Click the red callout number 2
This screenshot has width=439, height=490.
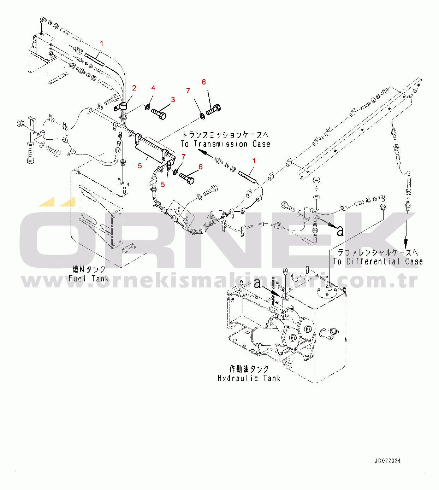tap(134, 88)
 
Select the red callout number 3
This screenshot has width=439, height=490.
tap(173, 100)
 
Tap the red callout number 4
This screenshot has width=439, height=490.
tap(153, 88)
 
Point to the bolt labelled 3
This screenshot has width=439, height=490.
tap(159, 114)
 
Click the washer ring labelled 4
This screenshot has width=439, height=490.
tap(147, 106)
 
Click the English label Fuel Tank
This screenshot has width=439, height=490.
tap(89, 279)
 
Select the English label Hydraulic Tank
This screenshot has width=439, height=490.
tap(249, 378)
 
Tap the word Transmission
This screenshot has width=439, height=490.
tap(220, 144)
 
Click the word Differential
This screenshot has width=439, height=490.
tap(373, 262)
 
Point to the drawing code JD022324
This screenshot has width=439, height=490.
tap(388, 461)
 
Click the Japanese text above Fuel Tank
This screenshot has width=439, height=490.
tap(89, 269)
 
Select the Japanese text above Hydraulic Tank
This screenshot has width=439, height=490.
tap(249, 369)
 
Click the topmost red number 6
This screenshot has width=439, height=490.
tap(204, 82)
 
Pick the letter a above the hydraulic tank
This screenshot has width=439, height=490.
tap(258, 283)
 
